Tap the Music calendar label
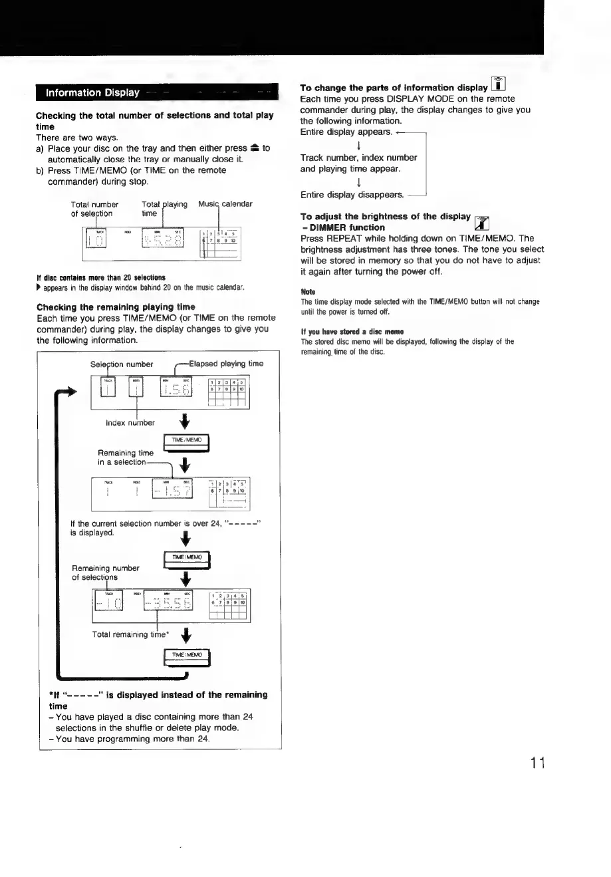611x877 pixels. click(x=225, y=204)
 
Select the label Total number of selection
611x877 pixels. click(x=94, y=209)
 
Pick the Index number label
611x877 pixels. click(x=130, y=422)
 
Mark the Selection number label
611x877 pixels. click(x=122, y=364)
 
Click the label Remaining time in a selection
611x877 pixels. click(x=126, y=457)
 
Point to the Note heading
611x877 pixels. click(x=307, y=291)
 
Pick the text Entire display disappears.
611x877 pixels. click(x=352, y=195)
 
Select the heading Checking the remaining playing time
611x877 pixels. click(x=116, y=307)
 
